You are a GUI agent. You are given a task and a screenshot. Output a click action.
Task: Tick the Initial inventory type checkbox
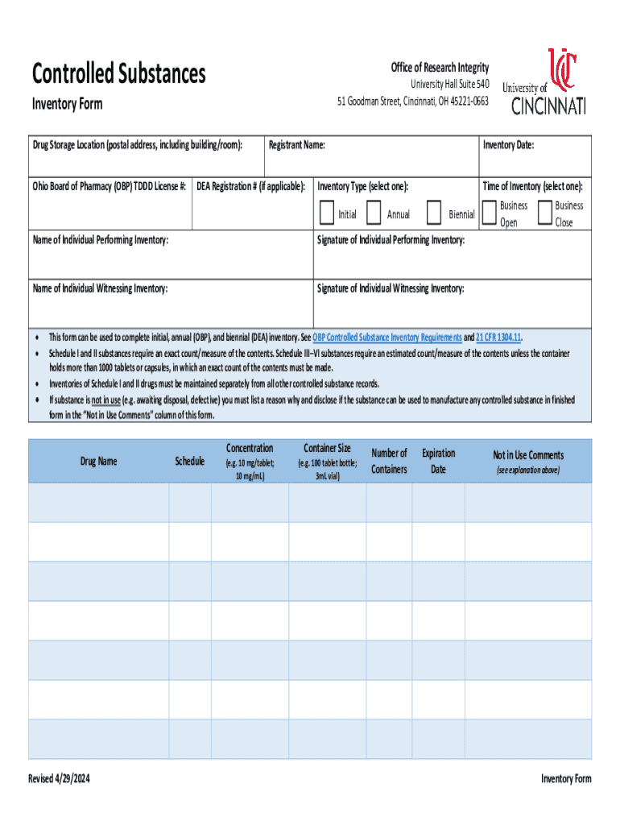326,213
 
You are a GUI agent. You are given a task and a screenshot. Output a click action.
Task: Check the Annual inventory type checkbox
373,213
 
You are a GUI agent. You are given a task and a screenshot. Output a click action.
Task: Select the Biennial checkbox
434,213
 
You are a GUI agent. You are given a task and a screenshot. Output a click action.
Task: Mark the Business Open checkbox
489,213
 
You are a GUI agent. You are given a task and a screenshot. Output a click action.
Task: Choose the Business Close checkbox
544,213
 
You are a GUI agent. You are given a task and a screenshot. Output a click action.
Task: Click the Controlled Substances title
118,74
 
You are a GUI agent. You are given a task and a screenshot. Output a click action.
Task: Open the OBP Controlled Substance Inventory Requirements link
386,338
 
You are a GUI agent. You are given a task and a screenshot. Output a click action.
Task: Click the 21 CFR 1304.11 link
498,338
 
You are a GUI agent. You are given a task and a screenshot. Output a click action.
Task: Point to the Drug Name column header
98,462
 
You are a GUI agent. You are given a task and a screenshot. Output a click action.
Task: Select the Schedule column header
189,462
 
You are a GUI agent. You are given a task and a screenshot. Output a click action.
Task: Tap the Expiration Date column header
438,461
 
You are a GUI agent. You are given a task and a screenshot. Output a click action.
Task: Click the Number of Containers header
389,461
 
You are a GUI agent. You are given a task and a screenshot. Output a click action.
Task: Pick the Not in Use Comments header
528,455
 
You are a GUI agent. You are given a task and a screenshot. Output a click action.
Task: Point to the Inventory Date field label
508,145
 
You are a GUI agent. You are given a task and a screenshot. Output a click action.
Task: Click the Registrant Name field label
296,145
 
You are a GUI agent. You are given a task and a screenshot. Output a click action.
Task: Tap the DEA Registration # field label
251,187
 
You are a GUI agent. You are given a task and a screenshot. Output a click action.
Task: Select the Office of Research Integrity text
440,68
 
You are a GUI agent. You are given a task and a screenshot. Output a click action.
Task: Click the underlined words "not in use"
102,400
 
